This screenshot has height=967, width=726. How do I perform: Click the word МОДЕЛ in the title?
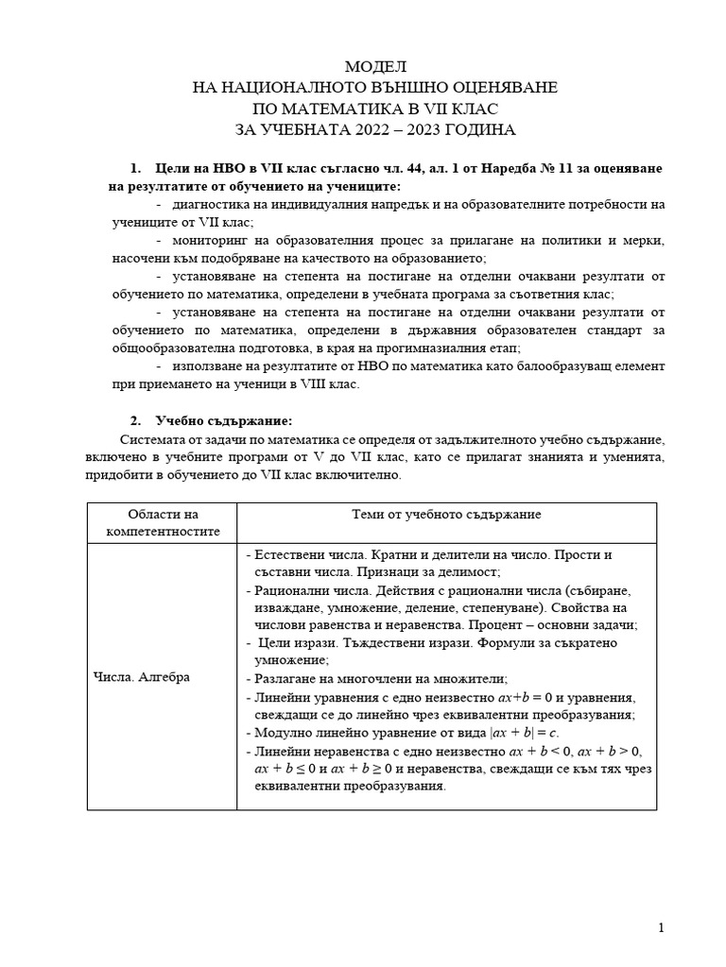(375, 67)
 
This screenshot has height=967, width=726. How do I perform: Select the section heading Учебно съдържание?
(223, 420)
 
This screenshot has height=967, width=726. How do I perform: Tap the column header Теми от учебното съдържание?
(446, 514)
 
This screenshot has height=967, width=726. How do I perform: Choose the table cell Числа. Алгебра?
(142, 677)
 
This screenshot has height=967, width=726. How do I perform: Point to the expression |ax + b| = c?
(519, 732)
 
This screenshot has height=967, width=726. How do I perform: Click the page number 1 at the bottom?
(661, 927)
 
